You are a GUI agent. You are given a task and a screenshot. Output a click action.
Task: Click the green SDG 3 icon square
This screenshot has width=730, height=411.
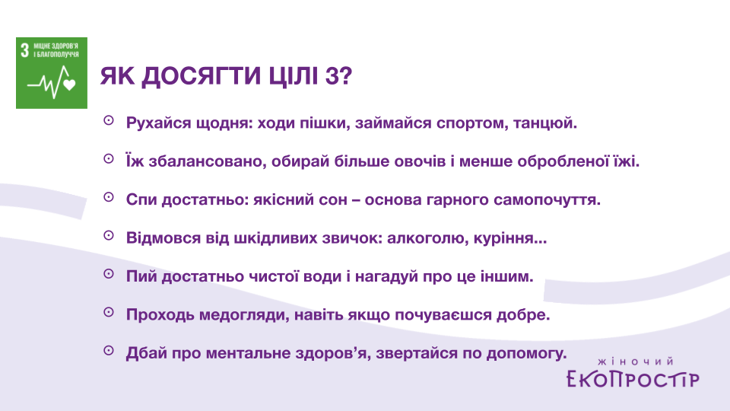tap(52, 73)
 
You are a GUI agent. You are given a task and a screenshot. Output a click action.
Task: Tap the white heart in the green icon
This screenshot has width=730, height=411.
tap(69, 84)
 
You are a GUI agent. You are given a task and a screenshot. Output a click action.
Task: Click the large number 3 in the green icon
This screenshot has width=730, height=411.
tap(24, 50)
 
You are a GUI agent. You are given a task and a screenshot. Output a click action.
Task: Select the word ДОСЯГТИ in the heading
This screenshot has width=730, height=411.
tap(202, 76)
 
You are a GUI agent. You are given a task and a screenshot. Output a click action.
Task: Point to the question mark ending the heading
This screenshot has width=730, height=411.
tap(346, 76)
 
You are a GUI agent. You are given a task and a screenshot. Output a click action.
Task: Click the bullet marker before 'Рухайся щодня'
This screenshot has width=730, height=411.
tap(109, 121)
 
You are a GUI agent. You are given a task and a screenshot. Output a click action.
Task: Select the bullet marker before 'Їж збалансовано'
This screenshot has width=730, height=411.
tap(109, 159)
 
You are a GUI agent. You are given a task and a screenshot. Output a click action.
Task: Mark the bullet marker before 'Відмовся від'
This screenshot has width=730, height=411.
tap(109, 236)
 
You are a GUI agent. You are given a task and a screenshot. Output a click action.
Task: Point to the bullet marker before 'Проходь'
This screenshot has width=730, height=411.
tap(109, 312)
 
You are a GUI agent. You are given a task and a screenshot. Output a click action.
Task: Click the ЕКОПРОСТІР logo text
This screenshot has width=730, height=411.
tap(633, 379)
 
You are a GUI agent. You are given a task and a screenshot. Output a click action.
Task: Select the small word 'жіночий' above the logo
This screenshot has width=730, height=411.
tap(636, 361)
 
